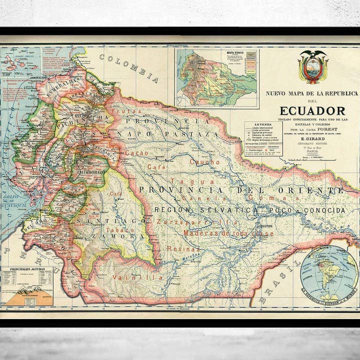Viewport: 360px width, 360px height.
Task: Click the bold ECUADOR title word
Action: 312,110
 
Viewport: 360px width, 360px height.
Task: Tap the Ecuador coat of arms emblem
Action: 313,67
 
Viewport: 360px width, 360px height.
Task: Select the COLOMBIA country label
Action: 129,68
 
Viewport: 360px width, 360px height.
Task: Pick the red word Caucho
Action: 204,162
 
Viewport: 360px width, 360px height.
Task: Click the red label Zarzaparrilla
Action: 197,222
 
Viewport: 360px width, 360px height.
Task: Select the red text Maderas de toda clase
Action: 228,233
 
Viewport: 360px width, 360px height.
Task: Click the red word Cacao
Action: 136,152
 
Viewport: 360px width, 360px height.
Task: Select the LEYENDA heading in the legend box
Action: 263,124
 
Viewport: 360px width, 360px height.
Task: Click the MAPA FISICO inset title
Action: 237,51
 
